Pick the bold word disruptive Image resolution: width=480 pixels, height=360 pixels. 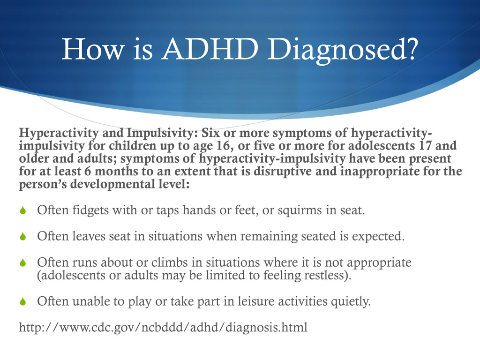[x=270, y=172]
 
